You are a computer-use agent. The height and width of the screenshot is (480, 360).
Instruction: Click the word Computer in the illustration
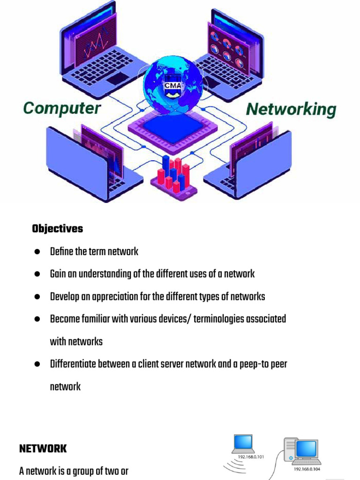click(x=62, y=109)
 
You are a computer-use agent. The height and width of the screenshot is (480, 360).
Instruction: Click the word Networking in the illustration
click(x=291, y=110)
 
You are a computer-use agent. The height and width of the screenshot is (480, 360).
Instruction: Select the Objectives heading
click(x=57, y=229)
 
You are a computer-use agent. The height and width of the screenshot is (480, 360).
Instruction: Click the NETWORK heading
click(x=43, y=449)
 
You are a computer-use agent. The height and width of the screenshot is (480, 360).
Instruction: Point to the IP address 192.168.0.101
click(x=250, y=457)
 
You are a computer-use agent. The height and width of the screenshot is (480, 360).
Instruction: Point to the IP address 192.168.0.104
click(x=307, y=468)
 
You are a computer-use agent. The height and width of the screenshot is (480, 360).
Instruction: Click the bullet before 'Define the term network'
click(x=37, y=252)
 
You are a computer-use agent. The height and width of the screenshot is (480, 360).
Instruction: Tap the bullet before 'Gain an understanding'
click(x=37, y=274)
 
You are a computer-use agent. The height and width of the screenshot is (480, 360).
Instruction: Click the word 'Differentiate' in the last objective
click(x=73, y=364)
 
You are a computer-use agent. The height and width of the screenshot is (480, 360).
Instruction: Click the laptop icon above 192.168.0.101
click(x=243, y=443)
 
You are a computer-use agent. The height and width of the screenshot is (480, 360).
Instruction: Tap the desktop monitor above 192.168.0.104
click(x=307, y=449)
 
